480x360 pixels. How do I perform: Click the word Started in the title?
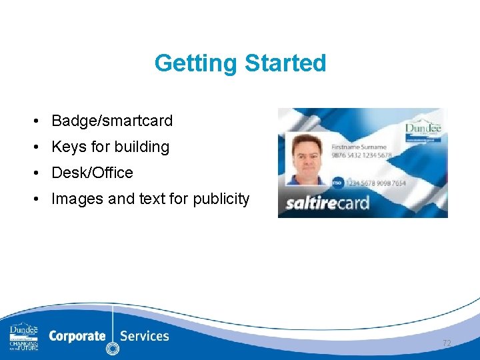click(285, 63)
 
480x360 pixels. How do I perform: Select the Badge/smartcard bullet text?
click(112, 121)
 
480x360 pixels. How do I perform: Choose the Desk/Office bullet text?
click(92, 173)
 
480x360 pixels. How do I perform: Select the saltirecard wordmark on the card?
click(327, 202)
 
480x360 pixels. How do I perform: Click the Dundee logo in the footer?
click(24, 337)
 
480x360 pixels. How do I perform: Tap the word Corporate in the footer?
click(77, 336)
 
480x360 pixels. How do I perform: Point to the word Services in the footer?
click(145, 336)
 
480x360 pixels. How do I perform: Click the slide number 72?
click(446, 343)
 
